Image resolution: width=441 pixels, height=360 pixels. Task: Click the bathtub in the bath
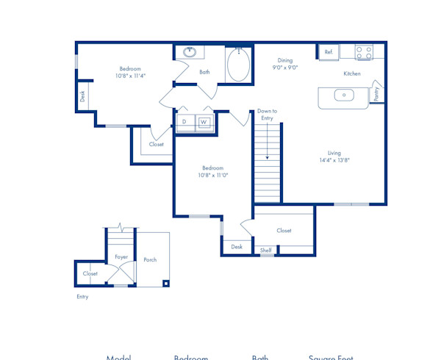[238, 65]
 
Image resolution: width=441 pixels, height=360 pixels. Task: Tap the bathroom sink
[190, 52]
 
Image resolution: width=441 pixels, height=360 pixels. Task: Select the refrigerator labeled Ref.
[329, 52]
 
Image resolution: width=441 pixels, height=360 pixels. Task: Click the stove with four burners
[365, 52]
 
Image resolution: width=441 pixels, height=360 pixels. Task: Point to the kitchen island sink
[343, 95]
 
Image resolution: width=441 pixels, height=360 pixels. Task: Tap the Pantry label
[376, 93]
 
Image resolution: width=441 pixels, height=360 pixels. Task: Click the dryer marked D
[184, 121]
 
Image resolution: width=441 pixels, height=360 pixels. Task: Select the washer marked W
[204, 121]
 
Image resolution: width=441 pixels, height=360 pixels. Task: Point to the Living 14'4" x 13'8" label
[334, 156]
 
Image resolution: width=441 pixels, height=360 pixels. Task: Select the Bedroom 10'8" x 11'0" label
[213, 171]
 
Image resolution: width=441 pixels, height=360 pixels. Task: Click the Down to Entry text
[267, 114]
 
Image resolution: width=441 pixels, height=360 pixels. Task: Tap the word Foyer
[121, 257]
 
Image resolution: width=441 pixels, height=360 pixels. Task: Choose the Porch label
[150, 260]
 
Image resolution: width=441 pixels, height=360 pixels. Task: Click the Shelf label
[266, 251]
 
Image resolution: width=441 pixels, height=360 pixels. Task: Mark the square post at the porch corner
[167, 283]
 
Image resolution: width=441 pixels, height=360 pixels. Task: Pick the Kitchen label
[352, 73]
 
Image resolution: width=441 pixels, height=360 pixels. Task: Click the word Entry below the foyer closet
[82, 297]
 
